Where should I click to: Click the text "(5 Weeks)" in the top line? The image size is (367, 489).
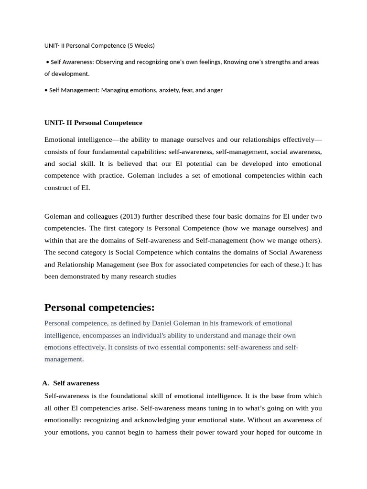[141, 45]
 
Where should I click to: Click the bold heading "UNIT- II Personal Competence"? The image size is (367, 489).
[93, 123]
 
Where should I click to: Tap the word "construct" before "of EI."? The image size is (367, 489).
[59, 188]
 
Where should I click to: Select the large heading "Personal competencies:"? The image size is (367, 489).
[99, 307]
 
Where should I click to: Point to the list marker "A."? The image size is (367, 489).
[46, 383]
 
